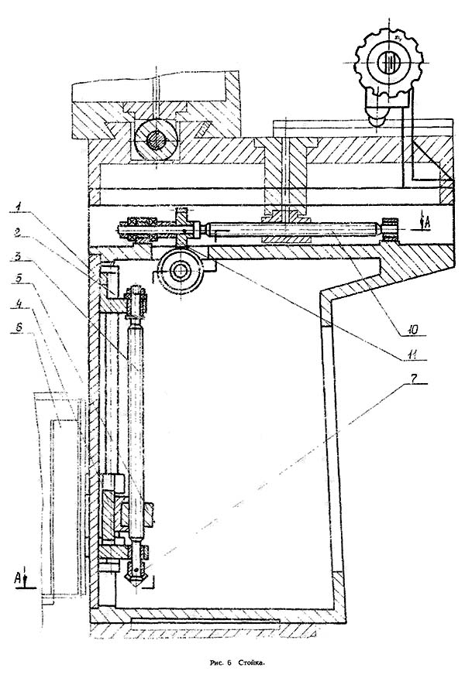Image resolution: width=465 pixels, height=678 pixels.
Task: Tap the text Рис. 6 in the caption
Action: coord(220,663)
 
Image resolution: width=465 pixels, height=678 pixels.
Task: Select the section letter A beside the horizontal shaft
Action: coord(418,222)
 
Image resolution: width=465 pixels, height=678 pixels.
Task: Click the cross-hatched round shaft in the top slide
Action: coord(155,141)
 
